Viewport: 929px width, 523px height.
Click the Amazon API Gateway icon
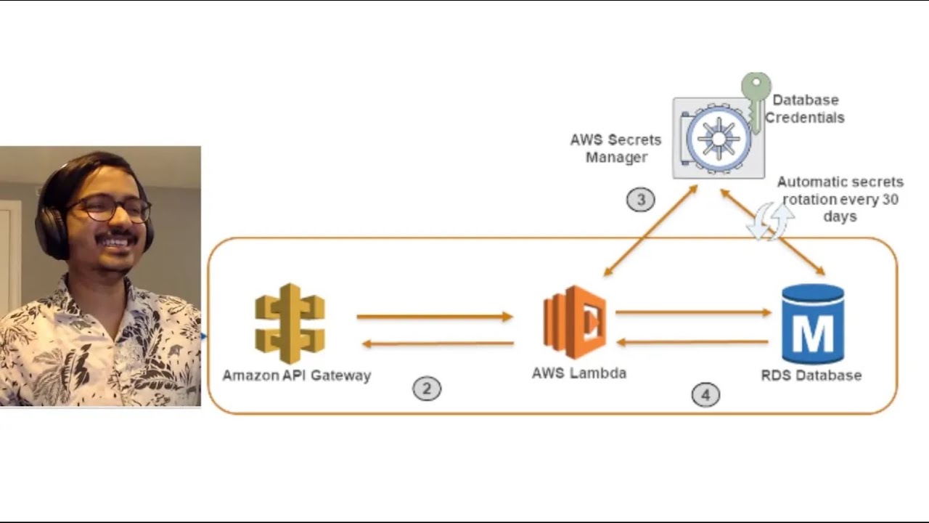pos(290,323)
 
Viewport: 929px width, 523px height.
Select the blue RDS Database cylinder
pos(812,324)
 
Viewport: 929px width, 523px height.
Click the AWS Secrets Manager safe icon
pos(718,138)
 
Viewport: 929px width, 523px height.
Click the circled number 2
pos(427,389)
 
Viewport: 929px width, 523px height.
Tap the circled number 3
pos(640,200)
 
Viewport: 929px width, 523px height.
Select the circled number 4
pos(705,395)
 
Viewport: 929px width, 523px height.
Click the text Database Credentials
pos(805,109)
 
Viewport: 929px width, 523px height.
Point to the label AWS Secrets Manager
pos(615,148)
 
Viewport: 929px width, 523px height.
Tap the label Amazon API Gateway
pos(296,376)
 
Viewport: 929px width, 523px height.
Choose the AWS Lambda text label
pos(578,373)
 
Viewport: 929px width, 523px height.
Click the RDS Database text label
pos(811,376)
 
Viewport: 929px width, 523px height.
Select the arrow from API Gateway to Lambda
pos(434,317)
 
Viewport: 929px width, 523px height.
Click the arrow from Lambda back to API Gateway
pos(438,344)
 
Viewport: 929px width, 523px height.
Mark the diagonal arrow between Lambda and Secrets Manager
pos(650,230)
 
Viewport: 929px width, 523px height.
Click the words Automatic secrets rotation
pos(840,190)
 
